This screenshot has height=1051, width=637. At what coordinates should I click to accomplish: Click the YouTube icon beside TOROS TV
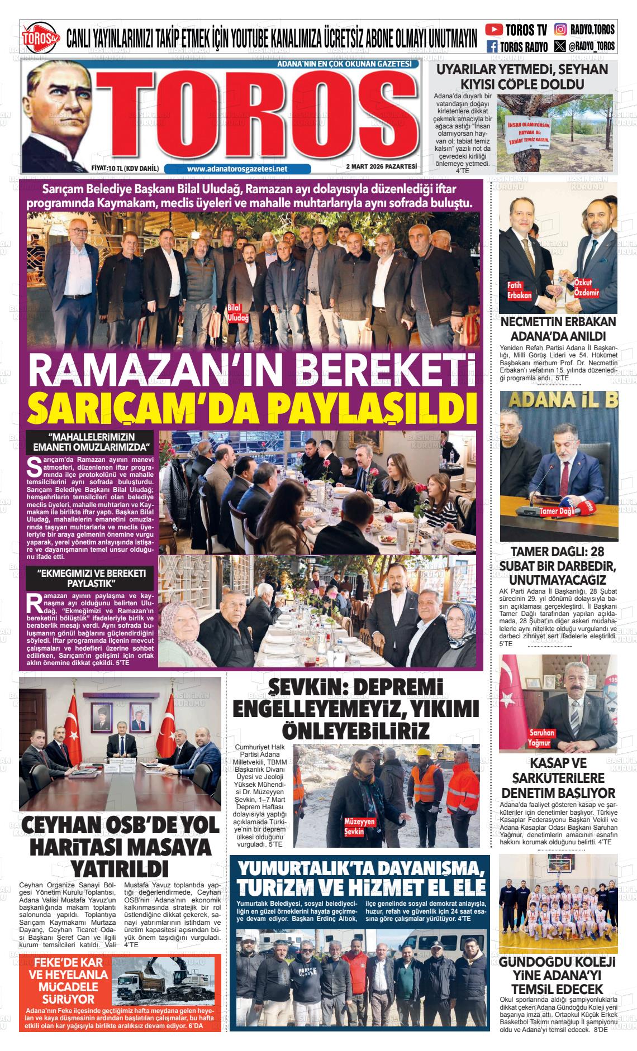(493, 30)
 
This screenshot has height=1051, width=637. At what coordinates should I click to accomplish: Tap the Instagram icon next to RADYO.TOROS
(560, 30)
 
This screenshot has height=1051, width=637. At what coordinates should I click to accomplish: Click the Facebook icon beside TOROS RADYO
(492, 47)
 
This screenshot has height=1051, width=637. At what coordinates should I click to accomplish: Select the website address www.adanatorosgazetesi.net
(237, 169)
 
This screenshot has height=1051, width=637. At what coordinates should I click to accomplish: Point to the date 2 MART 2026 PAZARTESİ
(382, 166)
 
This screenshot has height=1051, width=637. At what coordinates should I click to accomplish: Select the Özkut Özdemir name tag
(587, 288)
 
